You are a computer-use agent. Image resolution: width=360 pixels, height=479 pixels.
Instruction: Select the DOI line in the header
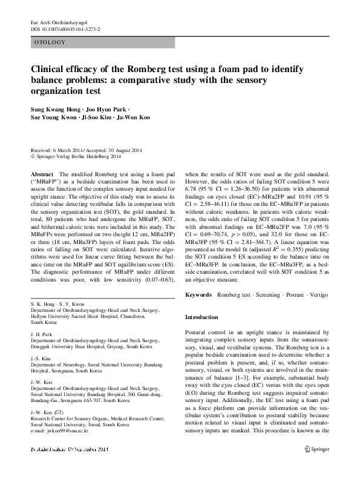pos(65,28)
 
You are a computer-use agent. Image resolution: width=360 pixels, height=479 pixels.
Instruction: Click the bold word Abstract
pos(42,174)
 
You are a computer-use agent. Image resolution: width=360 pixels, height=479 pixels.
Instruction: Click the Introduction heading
pos(201,317)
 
